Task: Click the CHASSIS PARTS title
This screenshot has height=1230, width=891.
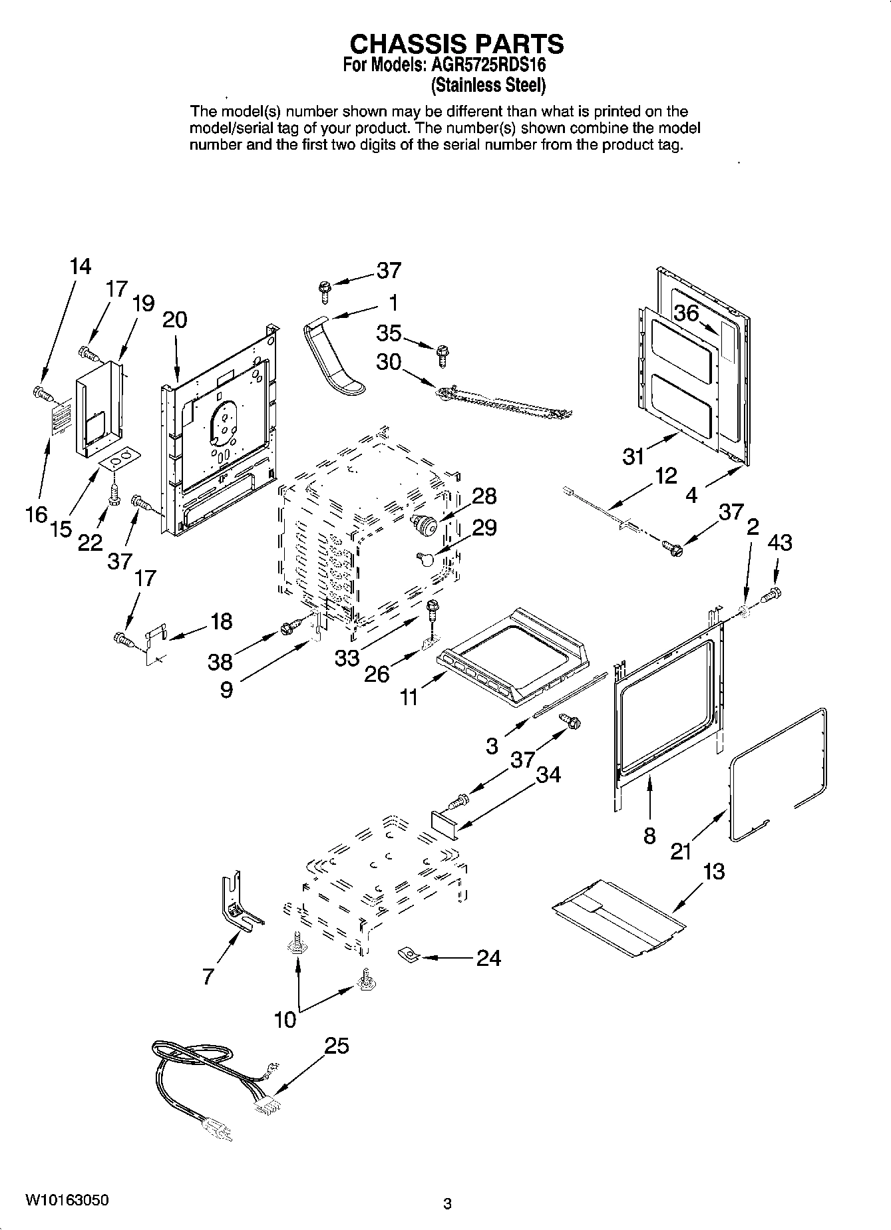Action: pos(456,44)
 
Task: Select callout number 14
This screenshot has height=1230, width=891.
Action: pos(80,266)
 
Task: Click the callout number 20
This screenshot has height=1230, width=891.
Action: pos(174,320)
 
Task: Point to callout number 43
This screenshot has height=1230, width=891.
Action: pos(780,543)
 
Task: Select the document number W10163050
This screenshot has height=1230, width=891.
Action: pos(67,1201)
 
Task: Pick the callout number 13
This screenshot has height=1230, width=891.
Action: pos(713,871)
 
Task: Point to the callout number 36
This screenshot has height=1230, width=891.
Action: pos(686,313)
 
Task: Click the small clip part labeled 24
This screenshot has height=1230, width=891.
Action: pos(407,955)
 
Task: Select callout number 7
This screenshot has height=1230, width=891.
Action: pos(208,976)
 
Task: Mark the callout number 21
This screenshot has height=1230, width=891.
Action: pos(681,851)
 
